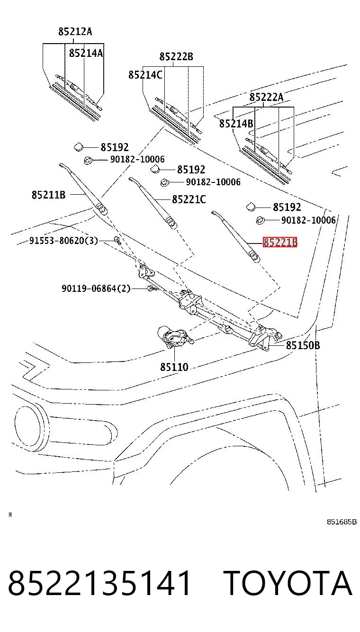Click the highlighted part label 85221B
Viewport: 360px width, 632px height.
280,242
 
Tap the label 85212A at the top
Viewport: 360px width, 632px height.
75,31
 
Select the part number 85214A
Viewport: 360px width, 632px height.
86,53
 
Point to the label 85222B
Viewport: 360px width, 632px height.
176,56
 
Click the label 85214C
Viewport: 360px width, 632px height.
145,74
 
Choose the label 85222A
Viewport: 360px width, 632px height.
266,97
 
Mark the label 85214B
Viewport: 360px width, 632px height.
236,123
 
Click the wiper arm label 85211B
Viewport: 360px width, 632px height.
48,195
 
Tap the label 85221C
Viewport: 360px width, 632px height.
189,199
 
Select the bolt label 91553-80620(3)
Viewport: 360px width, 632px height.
64,240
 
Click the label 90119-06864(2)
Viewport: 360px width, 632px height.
96,289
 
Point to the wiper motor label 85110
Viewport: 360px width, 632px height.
174,367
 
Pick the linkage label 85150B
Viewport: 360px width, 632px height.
303,345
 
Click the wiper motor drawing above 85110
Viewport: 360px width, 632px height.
175,337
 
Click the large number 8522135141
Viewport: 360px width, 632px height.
99,583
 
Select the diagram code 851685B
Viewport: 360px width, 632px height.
342,522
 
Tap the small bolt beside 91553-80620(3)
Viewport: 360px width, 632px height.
117,240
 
